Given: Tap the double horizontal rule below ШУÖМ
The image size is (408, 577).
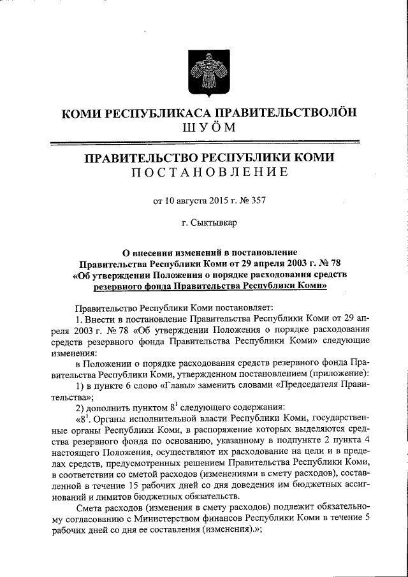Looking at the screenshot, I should point(204,143).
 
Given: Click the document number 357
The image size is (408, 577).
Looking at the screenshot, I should point(258,201).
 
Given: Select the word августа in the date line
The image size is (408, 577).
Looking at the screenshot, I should point(191,201).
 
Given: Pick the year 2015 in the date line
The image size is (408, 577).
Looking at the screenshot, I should point(220,201).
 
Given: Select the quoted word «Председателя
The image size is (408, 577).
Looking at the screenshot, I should point(309,386).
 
